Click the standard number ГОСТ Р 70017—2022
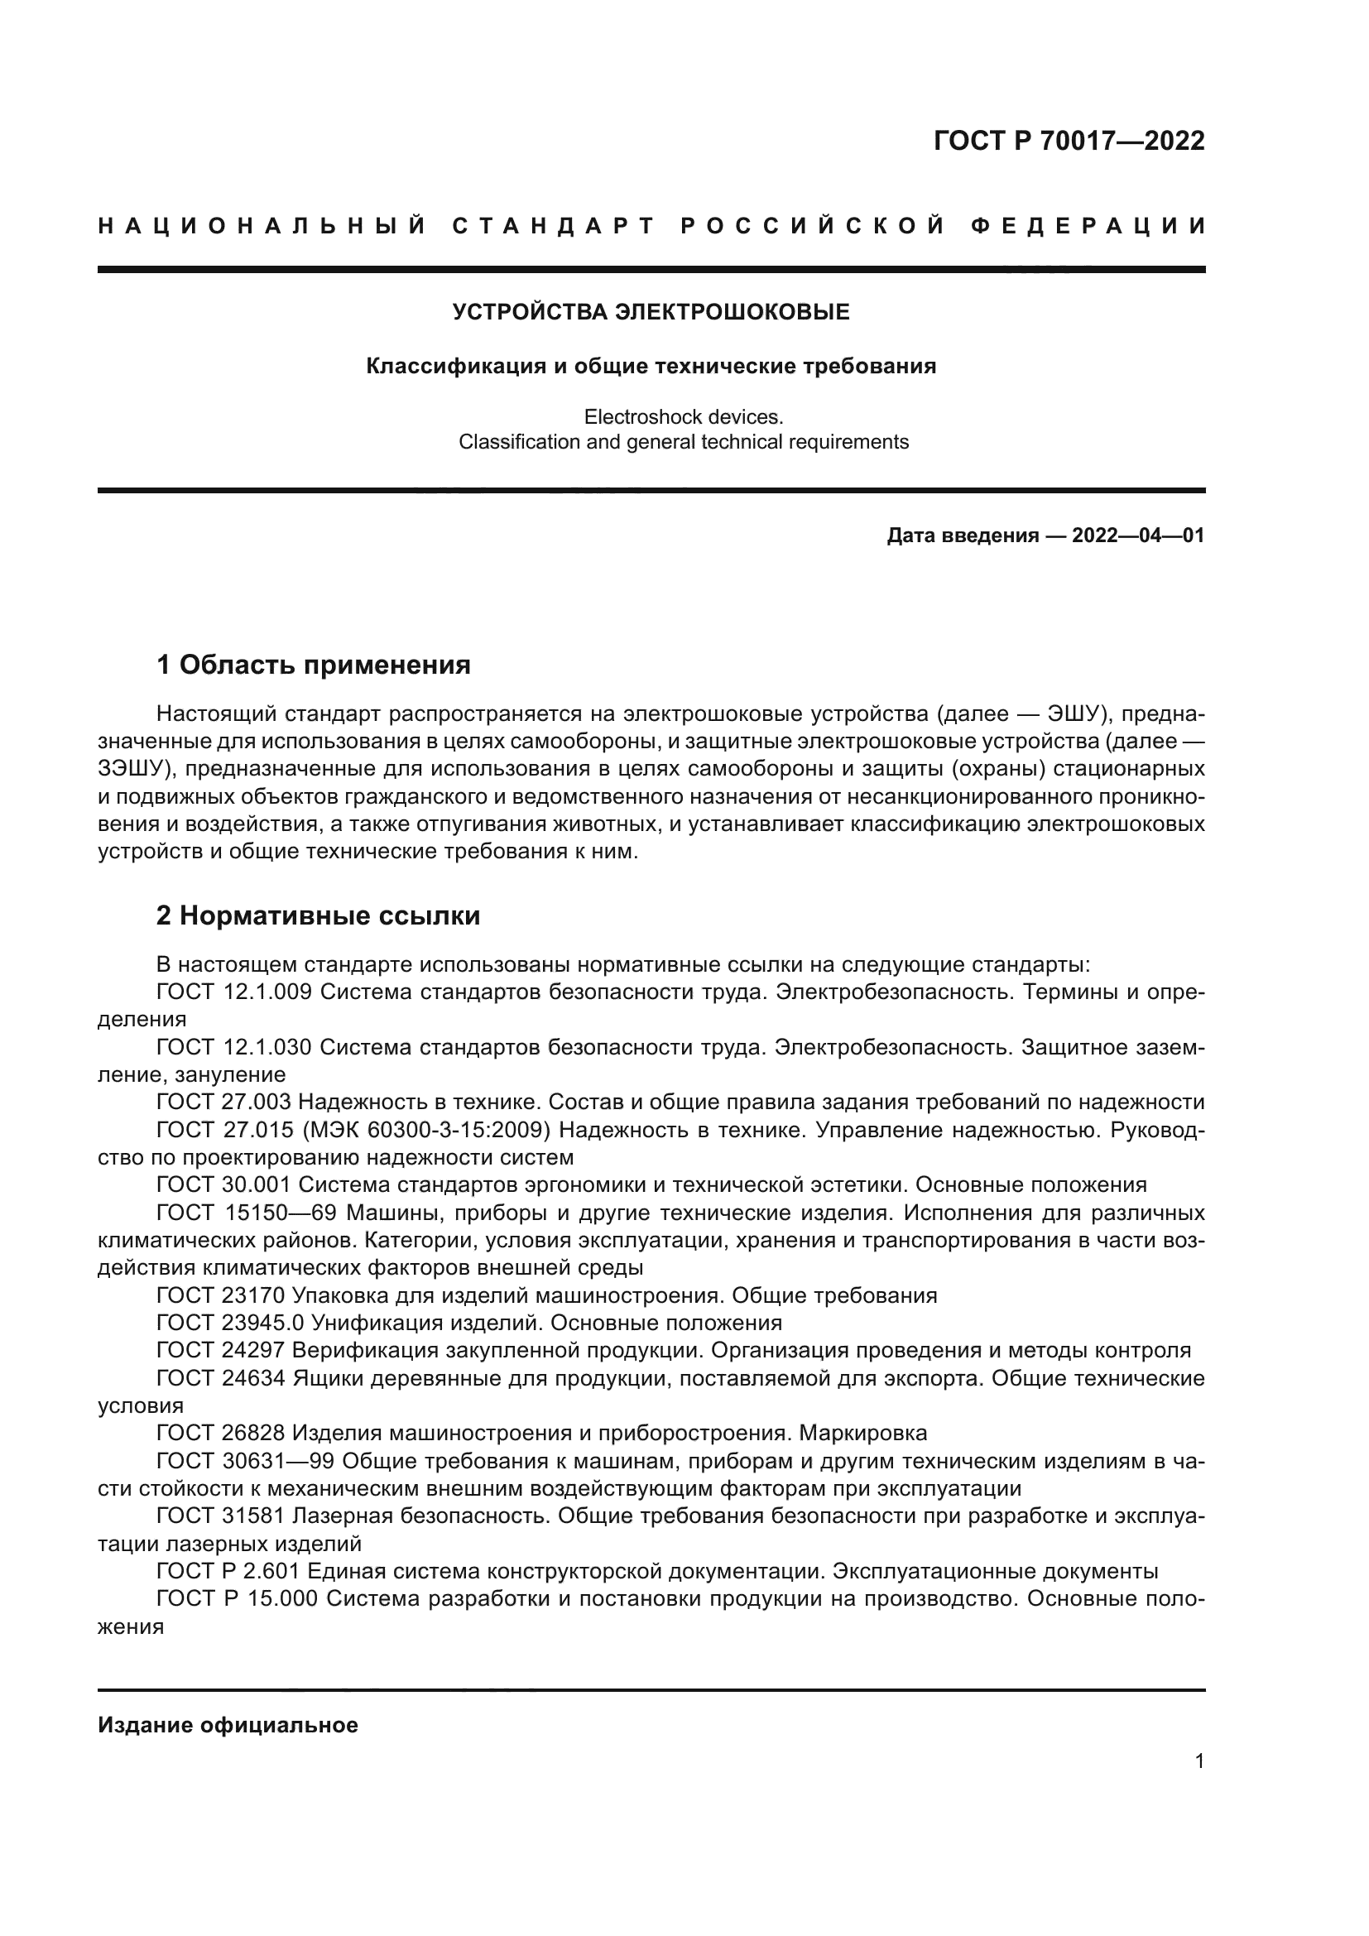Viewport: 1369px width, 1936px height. click(x=1068, y=141)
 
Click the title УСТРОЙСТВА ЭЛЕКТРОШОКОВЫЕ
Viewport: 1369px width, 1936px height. click(x=651, y=313)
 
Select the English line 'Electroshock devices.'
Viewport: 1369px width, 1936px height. click(x=684, y=416)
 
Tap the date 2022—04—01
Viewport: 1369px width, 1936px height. click(x=1137, y=536)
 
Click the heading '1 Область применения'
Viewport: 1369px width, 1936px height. click(x=314, y=665)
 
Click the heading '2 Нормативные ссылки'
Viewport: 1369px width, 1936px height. click(x=318, y=915)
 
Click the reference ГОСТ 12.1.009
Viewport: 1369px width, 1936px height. click(x=233, y=992)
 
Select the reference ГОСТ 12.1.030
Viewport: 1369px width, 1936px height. click(x=233, y=1047)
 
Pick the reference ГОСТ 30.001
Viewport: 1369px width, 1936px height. click(x=223, y=1184)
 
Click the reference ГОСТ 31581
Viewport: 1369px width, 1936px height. click(x=223, y=1516)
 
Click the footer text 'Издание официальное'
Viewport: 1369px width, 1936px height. click(x=228, y=1725)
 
